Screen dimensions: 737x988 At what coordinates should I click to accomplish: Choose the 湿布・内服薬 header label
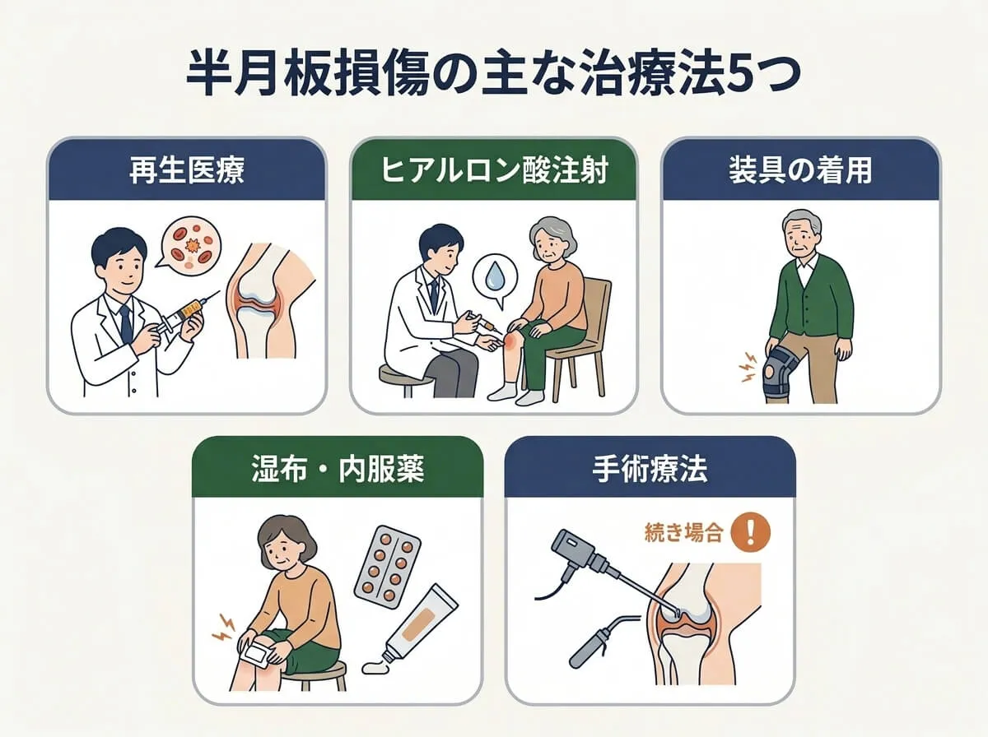(338, 470)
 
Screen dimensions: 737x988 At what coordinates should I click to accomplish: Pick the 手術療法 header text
(650, 470)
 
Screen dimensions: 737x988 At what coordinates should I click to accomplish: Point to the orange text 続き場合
(683, 534)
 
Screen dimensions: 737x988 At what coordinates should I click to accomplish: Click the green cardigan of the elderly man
(803, 297)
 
